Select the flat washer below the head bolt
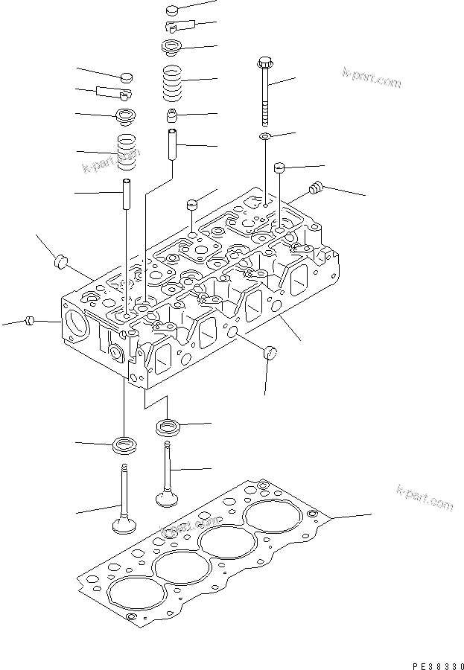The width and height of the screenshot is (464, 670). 265,137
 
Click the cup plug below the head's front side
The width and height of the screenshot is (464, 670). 270,352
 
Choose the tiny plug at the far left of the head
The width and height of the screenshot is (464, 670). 30,321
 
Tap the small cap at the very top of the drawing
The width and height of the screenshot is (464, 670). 173,10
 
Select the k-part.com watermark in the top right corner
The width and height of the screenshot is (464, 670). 371,77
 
